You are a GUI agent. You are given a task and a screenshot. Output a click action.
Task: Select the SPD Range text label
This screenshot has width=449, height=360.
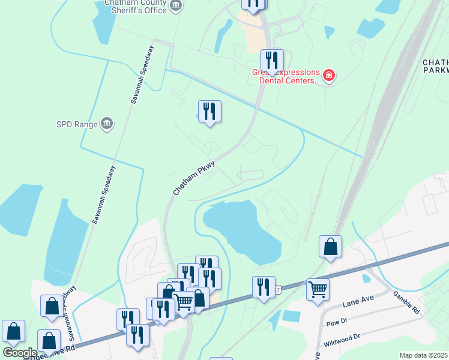point(77,125)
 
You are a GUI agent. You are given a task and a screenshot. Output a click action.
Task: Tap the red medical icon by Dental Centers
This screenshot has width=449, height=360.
point(328,76)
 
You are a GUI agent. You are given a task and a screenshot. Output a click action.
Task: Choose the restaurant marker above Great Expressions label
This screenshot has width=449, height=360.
point(272,60)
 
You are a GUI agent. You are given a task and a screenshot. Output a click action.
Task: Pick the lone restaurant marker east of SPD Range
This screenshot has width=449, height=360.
point(209,111)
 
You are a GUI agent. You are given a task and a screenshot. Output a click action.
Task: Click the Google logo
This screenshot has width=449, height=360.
point(20,353)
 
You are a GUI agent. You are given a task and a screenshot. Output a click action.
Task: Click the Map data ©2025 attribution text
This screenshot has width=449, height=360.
point(423,355)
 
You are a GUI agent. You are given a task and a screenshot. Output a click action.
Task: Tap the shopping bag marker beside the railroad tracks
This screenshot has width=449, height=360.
point(330,246)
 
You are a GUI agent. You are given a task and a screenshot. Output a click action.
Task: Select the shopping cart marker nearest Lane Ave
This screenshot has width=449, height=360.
point(318,289)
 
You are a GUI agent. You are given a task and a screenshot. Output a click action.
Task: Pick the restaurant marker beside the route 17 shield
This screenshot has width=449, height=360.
point(264,287)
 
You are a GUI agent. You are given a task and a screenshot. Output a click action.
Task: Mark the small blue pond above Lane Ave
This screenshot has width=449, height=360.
point(366,278)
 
